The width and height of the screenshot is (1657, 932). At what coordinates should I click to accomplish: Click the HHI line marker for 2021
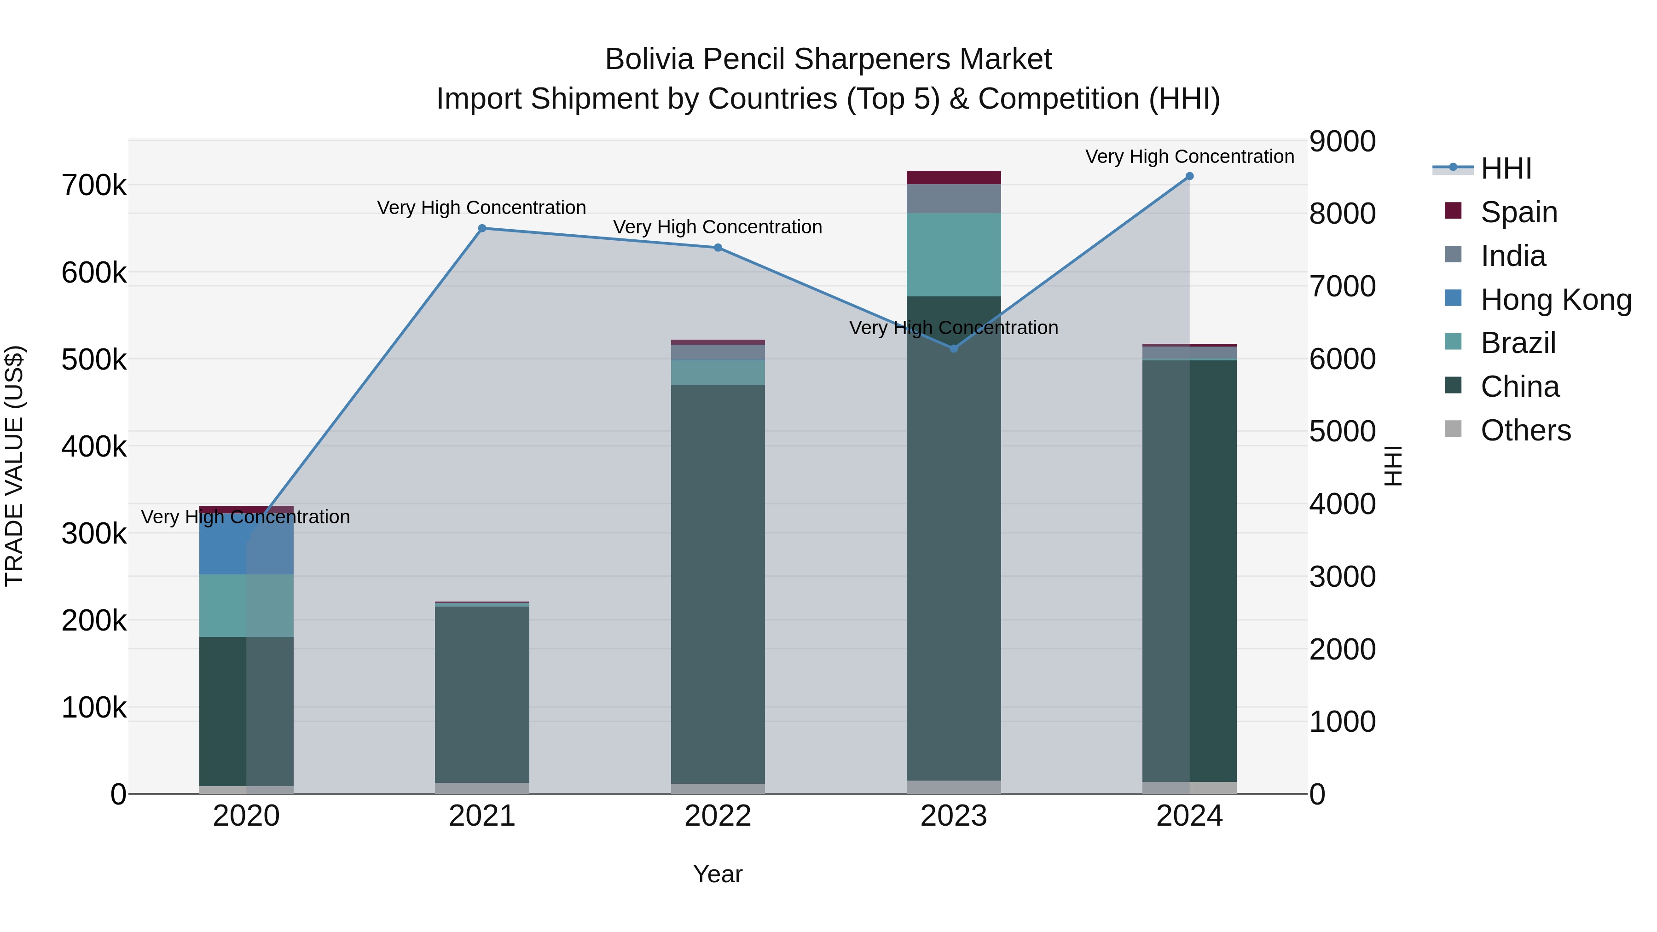click(x=482, y=228)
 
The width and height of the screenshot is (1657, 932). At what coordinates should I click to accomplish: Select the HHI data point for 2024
click(x=1189, y=176)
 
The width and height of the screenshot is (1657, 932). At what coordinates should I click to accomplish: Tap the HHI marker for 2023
click(x=954, y=348)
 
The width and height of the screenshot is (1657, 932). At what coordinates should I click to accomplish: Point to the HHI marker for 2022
click(x=718, y=248)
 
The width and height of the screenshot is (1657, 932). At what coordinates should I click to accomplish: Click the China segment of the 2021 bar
click(x=482, y=695)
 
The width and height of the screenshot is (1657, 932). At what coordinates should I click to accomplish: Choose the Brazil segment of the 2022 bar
click(x=718, y=373)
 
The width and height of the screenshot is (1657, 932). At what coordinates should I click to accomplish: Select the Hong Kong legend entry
click(x=1555, y=300)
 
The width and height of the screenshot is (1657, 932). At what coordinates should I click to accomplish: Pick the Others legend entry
click(x=1525, y=430)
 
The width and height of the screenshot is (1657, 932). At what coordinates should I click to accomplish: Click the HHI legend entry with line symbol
click(x=1505, y=168)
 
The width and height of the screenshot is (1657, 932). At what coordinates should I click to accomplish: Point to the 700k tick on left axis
click(x=94, y=186)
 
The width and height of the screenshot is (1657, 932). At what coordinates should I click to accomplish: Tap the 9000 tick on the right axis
click(x=1343, y=141)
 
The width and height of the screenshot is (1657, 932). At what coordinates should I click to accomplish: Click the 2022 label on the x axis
click(x=718, y=816)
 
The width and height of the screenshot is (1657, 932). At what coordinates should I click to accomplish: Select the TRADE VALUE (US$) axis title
click(x=14, y=466)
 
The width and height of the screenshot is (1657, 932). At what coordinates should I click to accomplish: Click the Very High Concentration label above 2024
click(x=1189, y=156)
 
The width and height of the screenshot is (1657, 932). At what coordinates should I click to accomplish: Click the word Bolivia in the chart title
click(x=649, y=59)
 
